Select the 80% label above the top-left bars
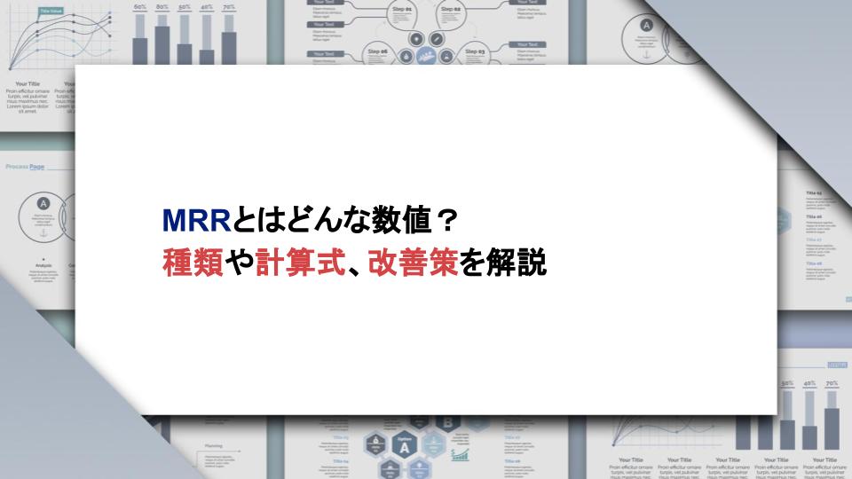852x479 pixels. [x=162, y=7]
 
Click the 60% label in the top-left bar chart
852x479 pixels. [x=139, y=7]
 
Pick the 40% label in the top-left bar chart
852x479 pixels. [x=207, y=7]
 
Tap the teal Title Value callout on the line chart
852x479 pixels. [x=51, y=12]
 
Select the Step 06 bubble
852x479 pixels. [x=378, y=53]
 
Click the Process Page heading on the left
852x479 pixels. [x=25, y=167]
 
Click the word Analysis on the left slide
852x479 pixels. [x=43, y=264]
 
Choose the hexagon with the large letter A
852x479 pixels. [x=406, y=447]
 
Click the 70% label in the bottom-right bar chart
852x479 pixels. [x=832, y=384]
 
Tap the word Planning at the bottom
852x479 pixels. [x=214, y=446]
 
